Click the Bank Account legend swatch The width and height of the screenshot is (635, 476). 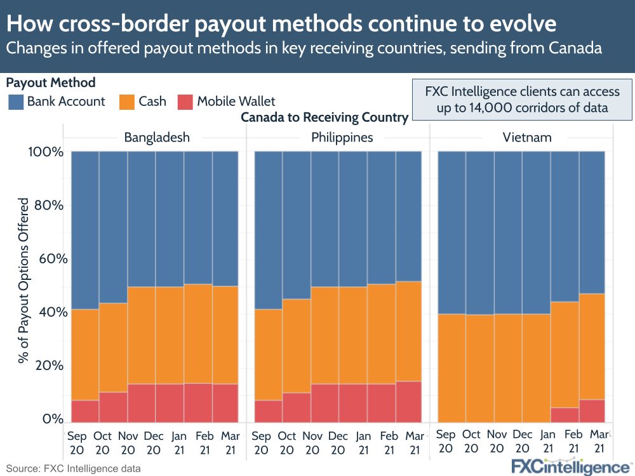pyautogui.click(x=16, y=102)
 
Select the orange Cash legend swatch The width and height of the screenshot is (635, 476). pyautogui.click(x=127, y=102)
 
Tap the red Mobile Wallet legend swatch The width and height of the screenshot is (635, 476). pyautogui.click(x=185, y=102)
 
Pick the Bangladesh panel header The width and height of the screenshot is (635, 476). pyautogui.click(x=156, y=137)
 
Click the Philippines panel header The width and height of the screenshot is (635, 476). pyautogui.click(x=338, y=137)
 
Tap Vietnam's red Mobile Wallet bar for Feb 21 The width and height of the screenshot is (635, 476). pyautogui.click(x=565, y=415)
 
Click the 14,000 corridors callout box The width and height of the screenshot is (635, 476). pyautogui.click(x=522, y=98)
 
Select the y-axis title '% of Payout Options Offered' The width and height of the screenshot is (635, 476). pyautogui.click(x=23, y=279)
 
